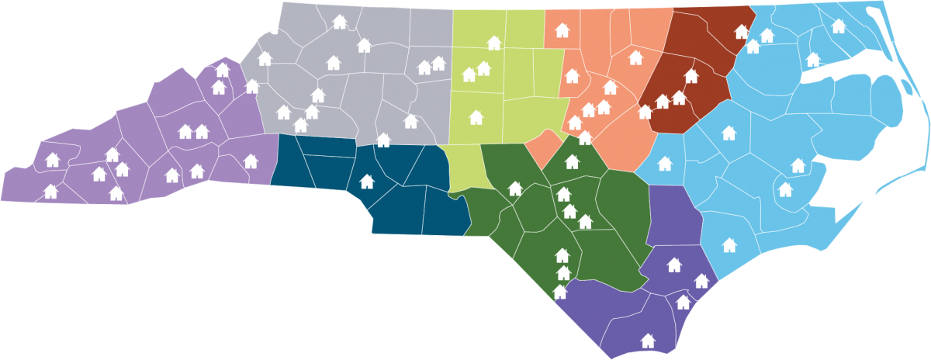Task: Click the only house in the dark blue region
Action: pos(367,182)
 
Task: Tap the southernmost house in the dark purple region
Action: pos(648,340)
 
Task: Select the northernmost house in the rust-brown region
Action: pos(742,32)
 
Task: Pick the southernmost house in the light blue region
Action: pos(729,245)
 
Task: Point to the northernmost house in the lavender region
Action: pos(223,70)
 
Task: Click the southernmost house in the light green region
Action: pos(476,117)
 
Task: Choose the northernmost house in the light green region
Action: pos(493,43)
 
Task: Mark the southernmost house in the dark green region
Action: pos(560,292)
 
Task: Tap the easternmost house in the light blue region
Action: pos(838,26)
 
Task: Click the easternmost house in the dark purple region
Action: pos(701,281)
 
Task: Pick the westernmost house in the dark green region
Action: pos(514,188)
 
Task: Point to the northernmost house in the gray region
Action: pos(339,22)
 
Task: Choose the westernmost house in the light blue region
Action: pos(665,163)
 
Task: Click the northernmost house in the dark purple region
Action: pos(674,265)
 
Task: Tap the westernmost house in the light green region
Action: pos(469,74)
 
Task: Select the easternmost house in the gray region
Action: pos(438,63)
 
